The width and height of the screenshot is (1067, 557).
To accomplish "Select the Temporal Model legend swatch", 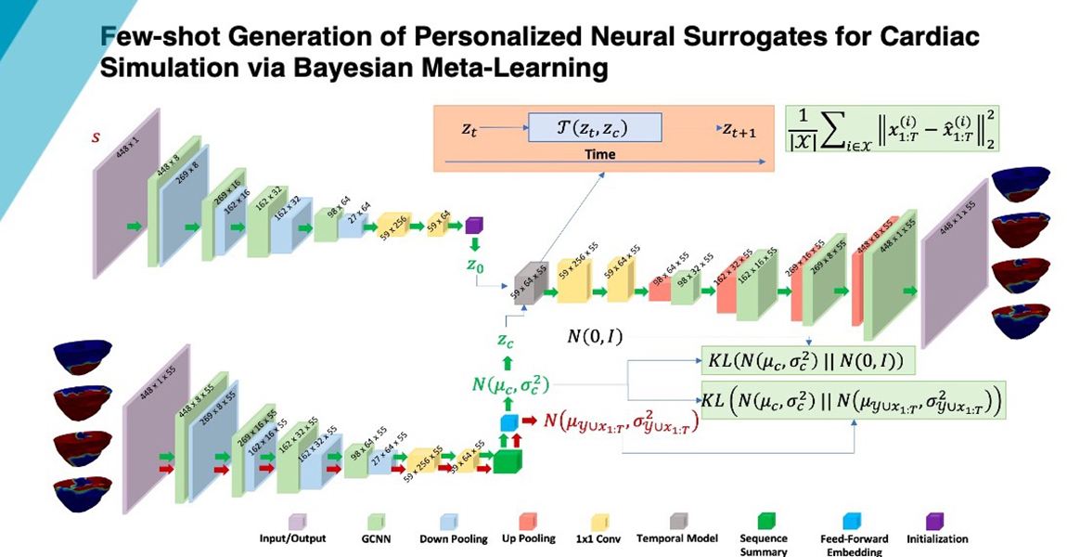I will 676,520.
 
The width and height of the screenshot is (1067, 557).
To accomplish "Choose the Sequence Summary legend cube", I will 763,520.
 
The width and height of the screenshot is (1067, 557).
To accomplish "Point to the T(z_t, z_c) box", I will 595,127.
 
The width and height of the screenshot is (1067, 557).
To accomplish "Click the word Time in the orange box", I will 599,155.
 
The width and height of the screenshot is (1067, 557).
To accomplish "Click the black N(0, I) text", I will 594,334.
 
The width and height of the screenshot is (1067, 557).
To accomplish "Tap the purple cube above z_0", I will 473,226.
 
